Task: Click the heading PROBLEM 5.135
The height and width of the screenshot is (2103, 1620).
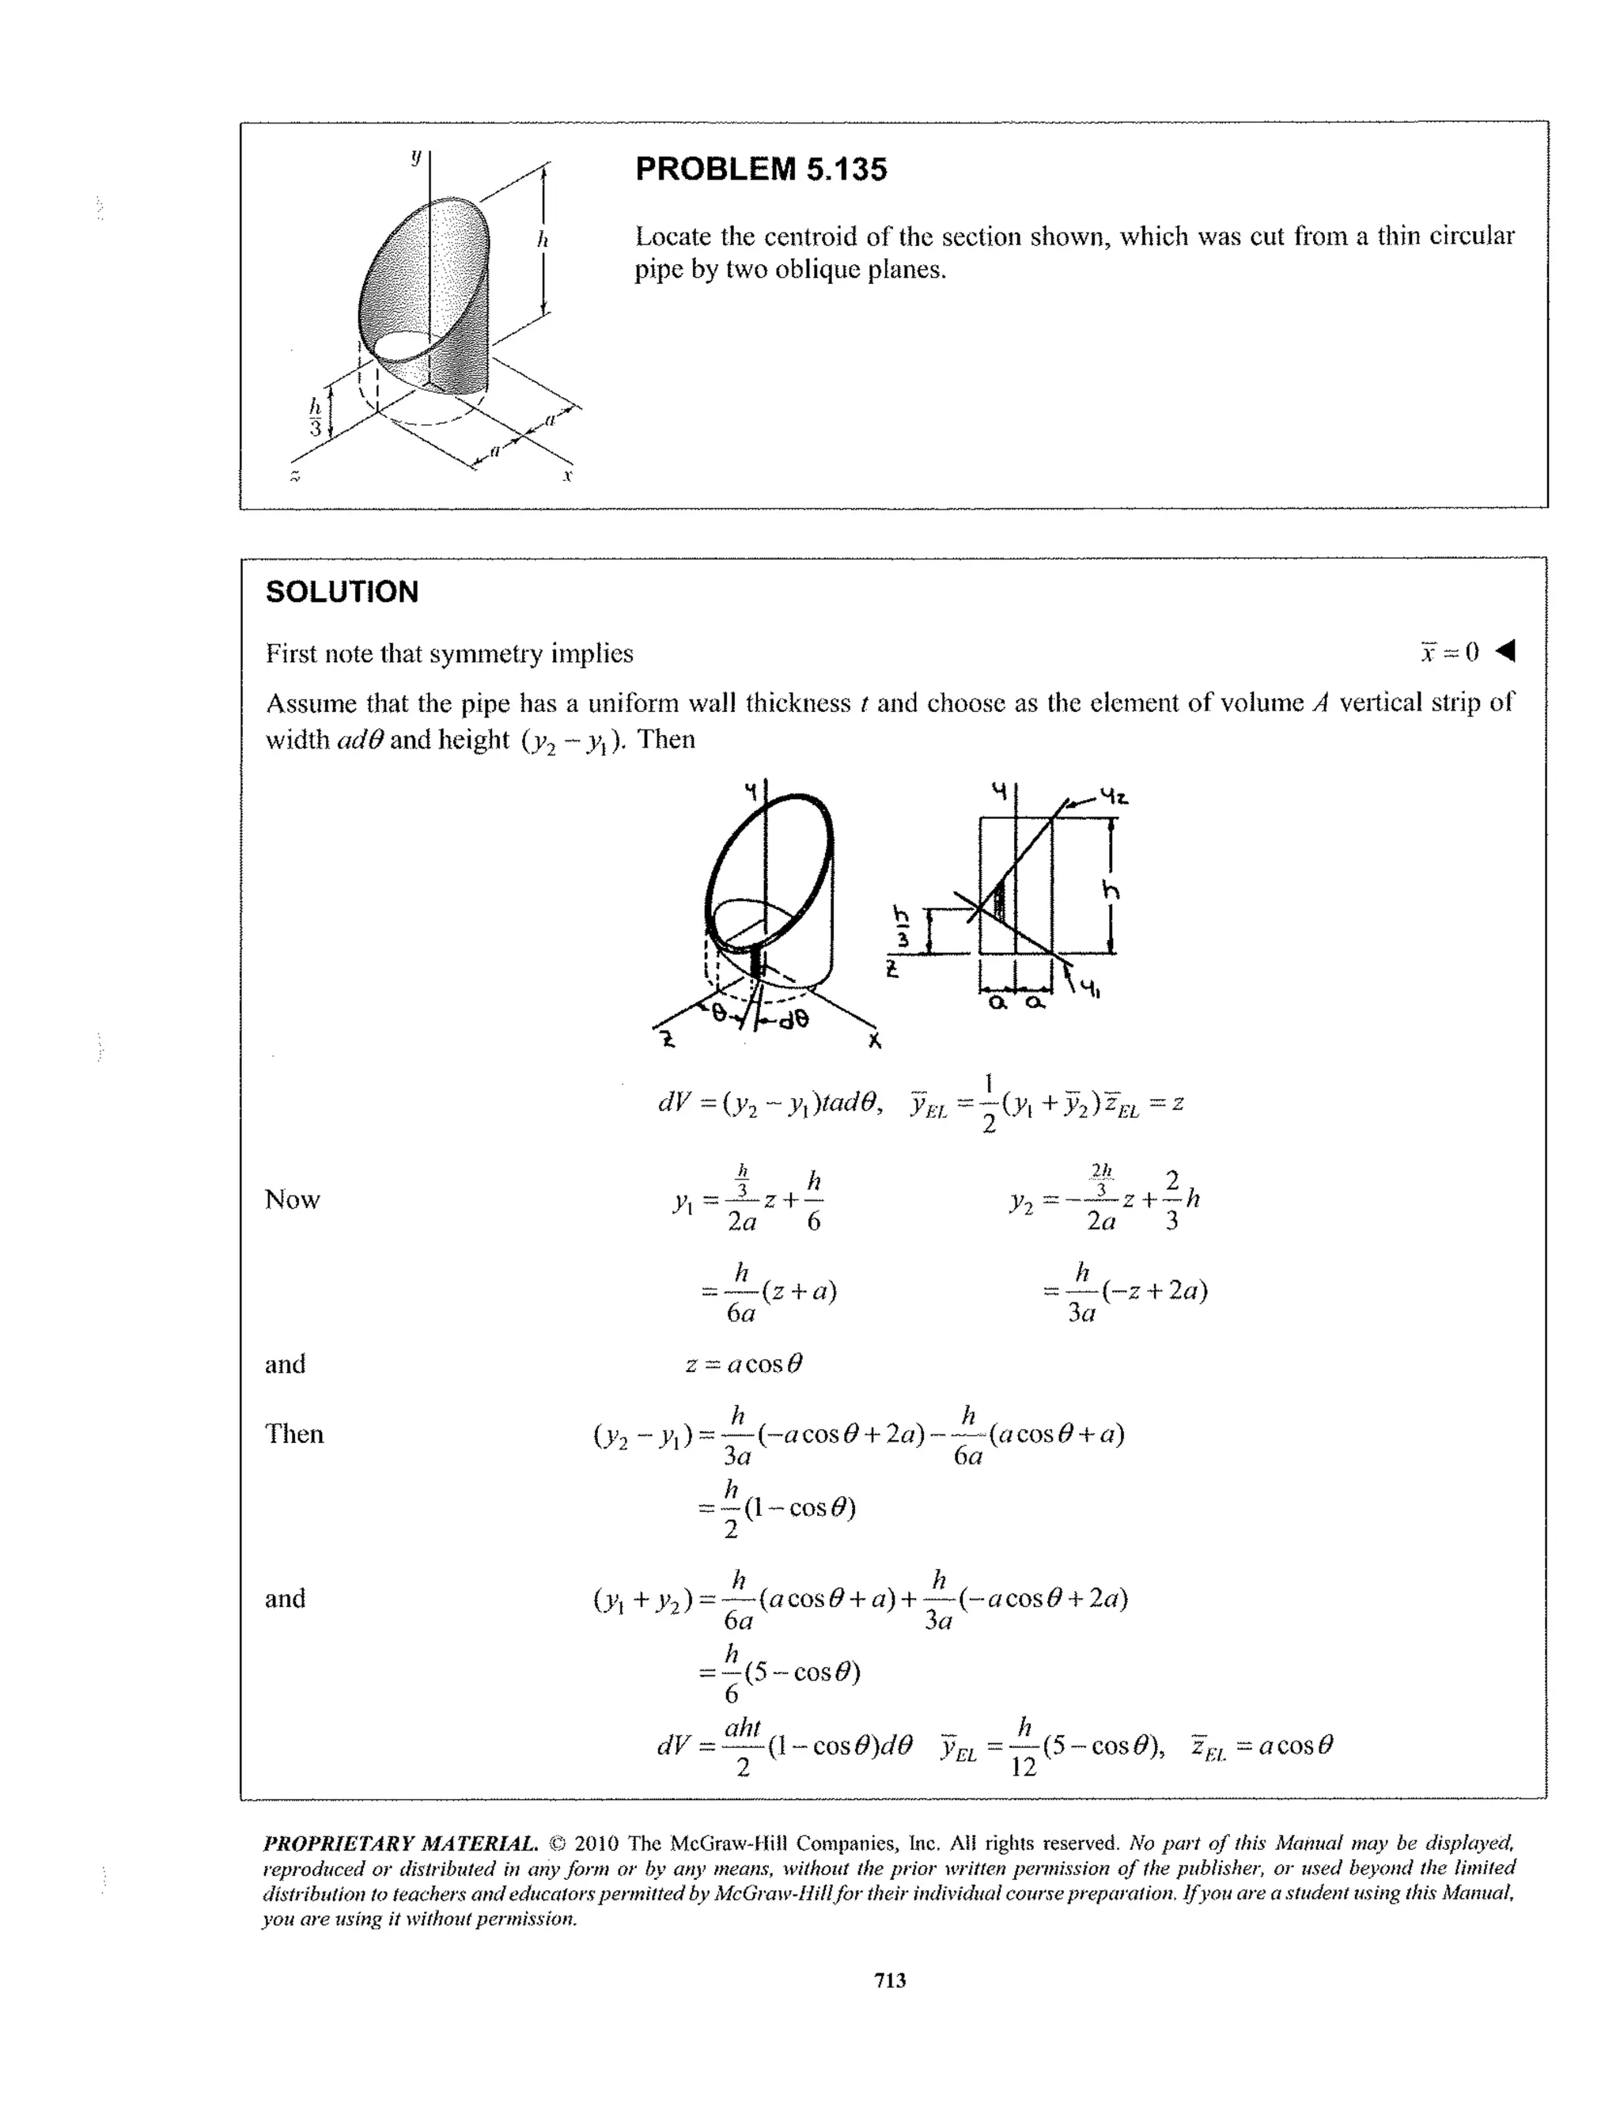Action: click(760, 169)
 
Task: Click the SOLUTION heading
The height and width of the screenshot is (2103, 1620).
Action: click(342, 591)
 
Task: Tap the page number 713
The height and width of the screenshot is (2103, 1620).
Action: click(891, 1980)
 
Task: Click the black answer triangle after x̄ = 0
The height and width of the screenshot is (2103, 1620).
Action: click(1505, 652)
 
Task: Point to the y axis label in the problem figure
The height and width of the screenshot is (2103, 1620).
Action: click(416, 155)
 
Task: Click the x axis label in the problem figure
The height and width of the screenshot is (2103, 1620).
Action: click(568, 476)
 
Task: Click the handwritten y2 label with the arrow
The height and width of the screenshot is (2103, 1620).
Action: click(1114, 798)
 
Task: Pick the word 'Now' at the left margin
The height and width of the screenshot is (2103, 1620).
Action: click(292, 1199)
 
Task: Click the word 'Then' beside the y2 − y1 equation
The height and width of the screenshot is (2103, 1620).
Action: click(293, 1434)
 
